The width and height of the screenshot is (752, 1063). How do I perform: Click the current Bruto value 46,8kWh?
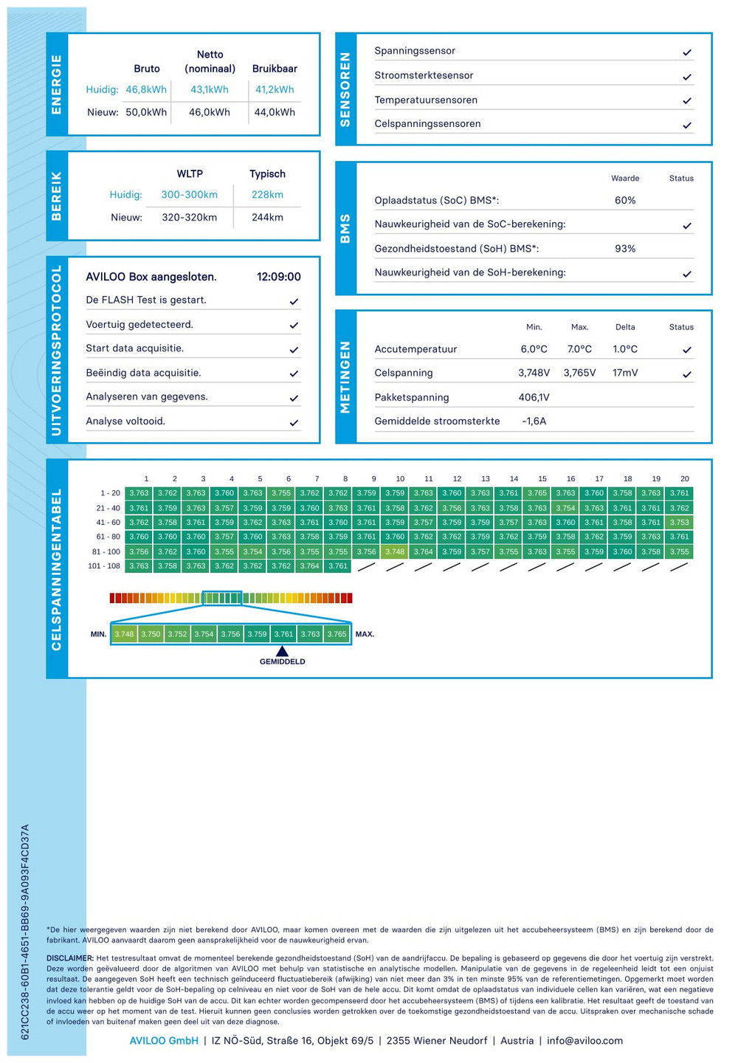(146, 89)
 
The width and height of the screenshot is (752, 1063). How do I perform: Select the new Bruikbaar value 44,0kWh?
(275, 112)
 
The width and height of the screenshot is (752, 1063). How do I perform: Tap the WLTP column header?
(190, 173)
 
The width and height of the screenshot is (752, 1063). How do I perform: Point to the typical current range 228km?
(267, 195)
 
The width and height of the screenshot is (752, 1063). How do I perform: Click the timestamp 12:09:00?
(278, 277)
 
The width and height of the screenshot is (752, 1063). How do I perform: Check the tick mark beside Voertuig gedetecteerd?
(294, 325)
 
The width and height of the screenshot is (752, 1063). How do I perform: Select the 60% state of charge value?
(625, 200)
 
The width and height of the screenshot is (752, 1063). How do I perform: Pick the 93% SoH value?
(625, 249)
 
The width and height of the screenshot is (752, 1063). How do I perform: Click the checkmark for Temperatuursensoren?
(687, 100)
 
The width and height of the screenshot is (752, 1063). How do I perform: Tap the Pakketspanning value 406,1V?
(534, 397)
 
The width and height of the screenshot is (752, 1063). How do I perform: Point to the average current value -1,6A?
(534, 421)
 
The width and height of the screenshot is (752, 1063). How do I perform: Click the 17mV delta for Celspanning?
(625, 373)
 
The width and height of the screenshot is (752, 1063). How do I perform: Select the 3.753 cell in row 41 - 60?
(679, 523)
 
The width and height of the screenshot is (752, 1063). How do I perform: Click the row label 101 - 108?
(104, 566)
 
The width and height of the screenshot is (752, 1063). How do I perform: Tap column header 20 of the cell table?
(685, 478)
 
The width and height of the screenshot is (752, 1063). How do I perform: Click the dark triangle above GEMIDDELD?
(282, 651)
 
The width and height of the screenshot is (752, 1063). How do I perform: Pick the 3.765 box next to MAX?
(337, 634)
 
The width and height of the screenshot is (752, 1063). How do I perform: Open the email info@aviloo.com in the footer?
(584, 1041)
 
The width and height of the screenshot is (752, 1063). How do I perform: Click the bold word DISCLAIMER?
(70, 958)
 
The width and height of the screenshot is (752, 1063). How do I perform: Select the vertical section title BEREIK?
(57, 196)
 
